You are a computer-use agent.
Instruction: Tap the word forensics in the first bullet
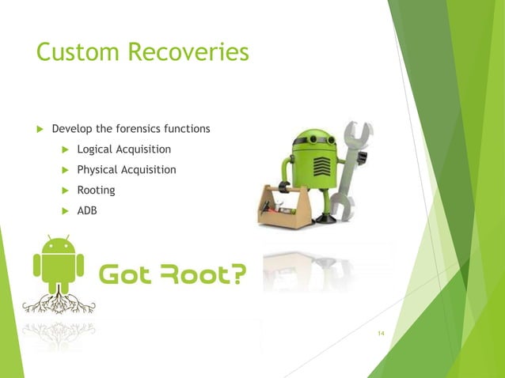click(144, 128)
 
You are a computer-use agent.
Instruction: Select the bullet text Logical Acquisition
click(123, 149)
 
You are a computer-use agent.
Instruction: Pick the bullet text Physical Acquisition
click(127, 169)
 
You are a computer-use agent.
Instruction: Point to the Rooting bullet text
click(96, 190)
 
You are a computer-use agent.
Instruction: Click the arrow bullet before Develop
click(40, 129)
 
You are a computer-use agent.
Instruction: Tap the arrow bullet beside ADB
click(65, 211)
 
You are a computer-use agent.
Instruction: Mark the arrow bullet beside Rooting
click(65, 191)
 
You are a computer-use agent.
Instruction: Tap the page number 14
click(381, 335)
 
